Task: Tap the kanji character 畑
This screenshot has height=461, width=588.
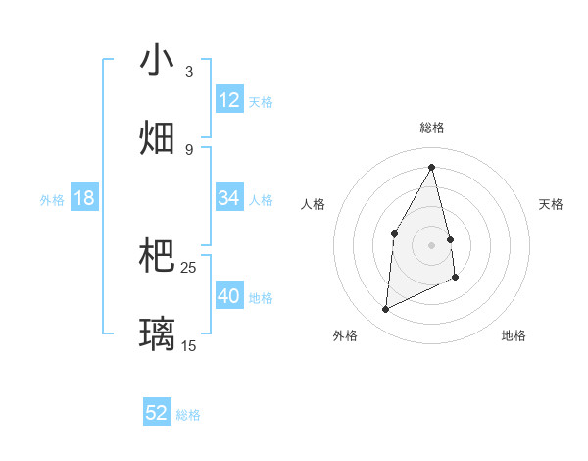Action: click(157, 137)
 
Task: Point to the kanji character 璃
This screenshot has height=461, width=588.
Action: click(157, 333)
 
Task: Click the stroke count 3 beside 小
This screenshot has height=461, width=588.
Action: click(189, 72)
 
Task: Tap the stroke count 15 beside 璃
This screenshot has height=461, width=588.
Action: click(189, 346)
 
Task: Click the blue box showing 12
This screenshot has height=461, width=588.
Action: click(229, 100)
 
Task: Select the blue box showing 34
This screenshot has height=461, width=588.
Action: click(229, 198)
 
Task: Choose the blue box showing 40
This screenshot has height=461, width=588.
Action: click(229, 296)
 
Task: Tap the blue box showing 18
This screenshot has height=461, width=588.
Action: click(84, 198)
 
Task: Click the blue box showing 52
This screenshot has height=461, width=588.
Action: click(157, 413)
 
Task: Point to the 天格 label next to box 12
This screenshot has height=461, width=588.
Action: click(261, 101)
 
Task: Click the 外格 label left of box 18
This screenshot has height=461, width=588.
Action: click(52, 199)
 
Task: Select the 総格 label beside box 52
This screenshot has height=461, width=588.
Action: click(188, 414)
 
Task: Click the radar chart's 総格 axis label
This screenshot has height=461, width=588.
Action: click(432, 128)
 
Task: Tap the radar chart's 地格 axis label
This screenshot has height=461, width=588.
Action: click(514, 335)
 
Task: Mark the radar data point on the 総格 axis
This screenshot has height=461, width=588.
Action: click(431, 167)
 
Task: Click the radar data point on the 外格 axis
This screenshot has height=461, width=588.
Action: click(385, 310)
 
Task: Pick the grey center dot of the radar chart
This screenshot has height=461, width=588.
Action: click(431, 244)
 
